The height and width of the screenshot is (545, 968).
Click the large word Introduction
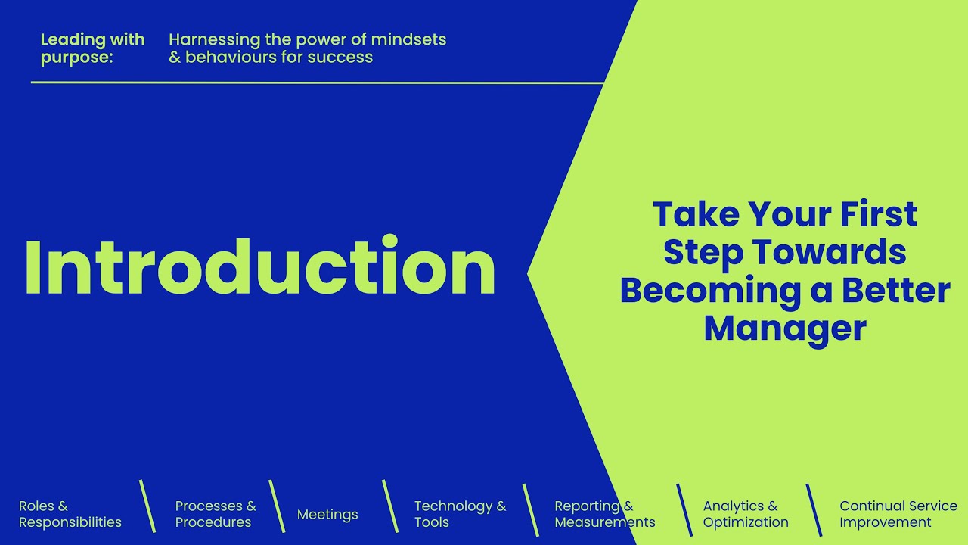pos(260,266)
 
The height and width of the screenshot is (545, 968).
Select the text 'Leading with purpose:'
pos(92,48)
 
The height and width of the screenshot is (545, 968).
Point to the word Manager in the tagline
pos(784,329)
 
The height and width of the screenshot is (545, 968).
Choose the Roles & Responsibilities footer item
pos(70,514)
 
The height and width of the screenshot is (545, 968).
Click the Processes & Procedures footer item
pos(215,514)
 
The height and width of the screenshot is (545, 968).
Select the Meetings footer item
pos(327,515)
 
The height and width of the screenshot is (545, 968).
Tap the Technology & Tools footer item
pos(460,514)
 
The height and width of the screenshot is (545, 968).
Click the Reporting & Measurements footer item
pos(604,514)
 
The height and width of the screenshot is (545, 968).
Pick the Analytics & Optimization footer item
pos(745,514)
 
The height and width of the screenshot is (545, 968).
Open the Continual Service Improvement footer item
pos(898,514)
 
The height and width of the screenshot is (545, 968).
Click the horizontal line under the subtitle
pos(318,83)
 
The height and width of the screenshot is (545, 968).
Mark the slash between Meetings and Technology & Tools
pos(390,506)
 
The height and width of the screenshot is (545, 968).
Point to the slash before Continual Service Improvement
pos(814,509)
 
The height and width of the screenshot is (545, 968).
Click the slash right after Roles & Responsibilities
pos(147,506)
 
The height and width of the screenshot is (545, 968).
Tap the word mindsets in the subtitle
pos(408,39)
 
